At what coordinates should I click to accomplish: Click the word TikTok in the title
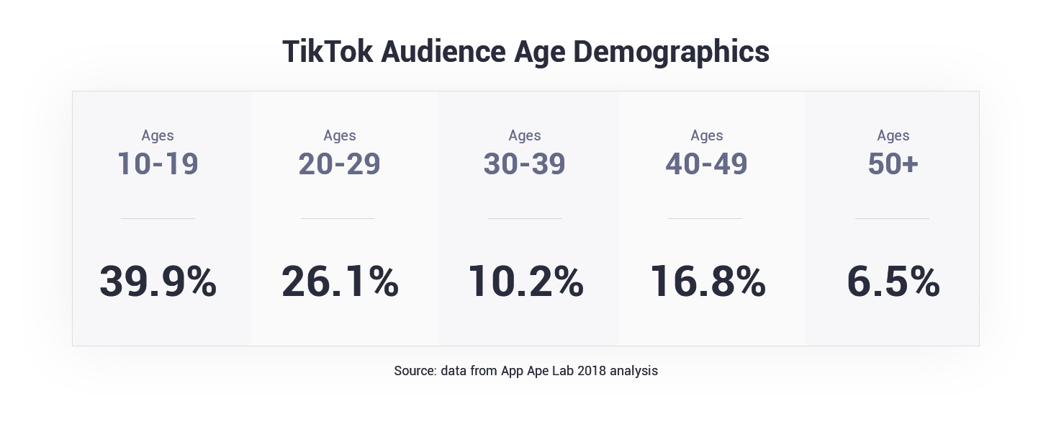328,52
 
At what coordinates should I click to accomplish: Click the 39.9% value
158,281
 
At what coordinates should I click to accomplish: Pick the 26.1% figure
340,281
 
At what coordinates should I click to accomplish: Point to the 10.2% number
525,281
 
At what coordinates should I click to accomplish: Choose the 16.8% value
707,281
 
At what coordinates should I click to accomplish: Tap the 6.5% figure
893,281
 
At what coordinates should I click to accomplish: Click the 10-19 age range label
158,164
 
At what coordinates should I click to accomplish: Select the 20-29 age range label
340,164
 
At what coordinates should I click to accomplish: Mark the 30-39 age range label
525,164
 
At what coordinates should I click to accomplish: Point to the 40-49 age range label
707,164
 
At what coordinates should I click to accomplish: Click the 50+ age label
893,164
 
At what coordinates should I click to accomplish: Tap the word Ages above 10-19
158,135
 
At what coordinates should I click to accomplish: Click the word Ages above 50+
893,135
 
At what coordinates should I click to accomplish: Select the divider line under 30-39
525,218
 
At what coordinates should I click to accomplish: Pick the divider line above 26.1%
338,218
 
